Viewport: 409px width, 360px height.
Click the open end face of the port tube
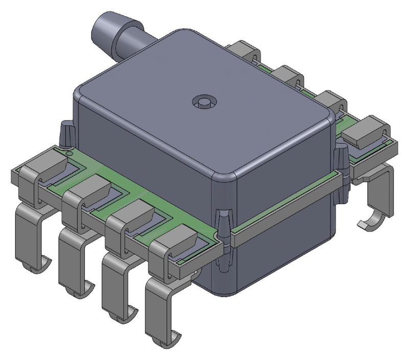[105, 30]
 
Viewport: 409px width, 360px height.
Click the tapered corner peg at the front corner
[223, 225]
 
